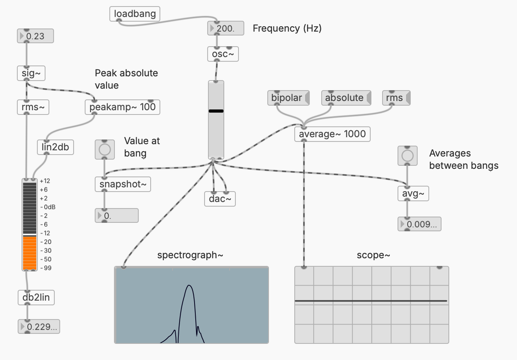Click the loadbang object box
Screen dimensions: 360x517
pyautogui.click(x=134, y=14)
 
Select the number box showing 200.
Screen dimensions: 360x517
pyautogui.click(x=226, y=29)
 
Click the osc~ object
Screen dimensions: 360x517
pyautogui.click(x=223, y=54)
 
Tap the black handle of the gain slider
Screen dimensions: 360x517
pyautogui.click(x=216, y=111)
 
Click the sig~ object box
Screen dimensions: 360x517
pyautogui.click(x=31, y=73)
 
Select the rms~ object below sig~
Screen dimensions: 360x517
pyautogui.click(x=33, y=107)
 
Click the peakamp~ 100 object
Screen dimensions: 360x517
pyautogui.click(x=122, y=107)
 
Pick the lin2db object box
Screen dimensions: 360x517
pyautogui.click(x=55, y=147)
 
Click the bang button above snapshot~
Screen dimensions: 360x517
pyautogui.click(x=105, y=149)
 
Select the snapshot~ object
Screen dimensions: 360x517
pyautogui.click(x=123, y=184)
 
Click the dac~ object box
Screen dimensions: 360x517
pyautogui.click(x=220, y=199)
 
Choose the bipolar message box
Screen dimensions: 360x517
pyautogui.click(x=287, y=98)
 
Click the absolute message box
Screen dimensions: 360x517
pyautogui.click(x=344, y=98)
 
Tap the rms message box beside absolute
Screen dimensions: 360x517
pyautogui.click(x=394, y=98)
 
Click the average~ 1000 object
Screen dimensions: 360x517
pyautogui.click(x=332, y=134)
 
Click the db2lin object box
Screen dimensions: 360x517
pyautogui.click(x=36, y=298)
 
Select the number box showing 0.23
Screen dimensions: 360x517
pyautogui.click(x=35, y=36)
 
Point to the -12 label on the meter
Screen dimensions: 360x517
pyautogui.click(x=46, y=233)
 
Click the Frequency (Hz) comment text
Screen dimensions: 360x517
pyautogui.click(x=287, y=29)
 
